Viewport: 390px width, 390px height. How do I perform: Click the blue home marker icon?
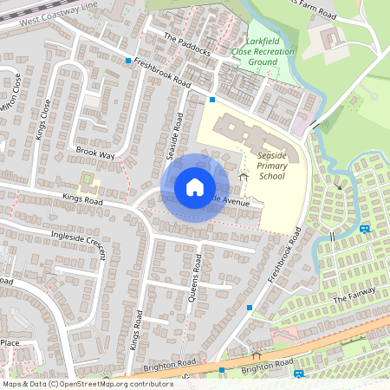pos(195,187)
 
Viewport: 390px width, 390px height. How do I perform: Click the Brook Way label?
pos(95,153)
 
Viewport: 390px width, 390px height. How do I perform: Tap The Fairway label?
pos(352,299)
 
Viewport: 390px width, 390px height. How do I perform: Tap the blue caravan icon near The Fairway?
pos(365,229)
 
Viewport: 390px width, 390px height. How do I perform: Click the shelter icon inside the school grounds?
pos(243,176)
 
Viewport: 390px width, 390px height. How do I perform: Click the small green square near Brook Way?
pos(87,183)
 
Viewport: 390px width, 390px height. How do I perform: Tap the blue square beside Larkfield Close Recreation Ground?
pos(212,100)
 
